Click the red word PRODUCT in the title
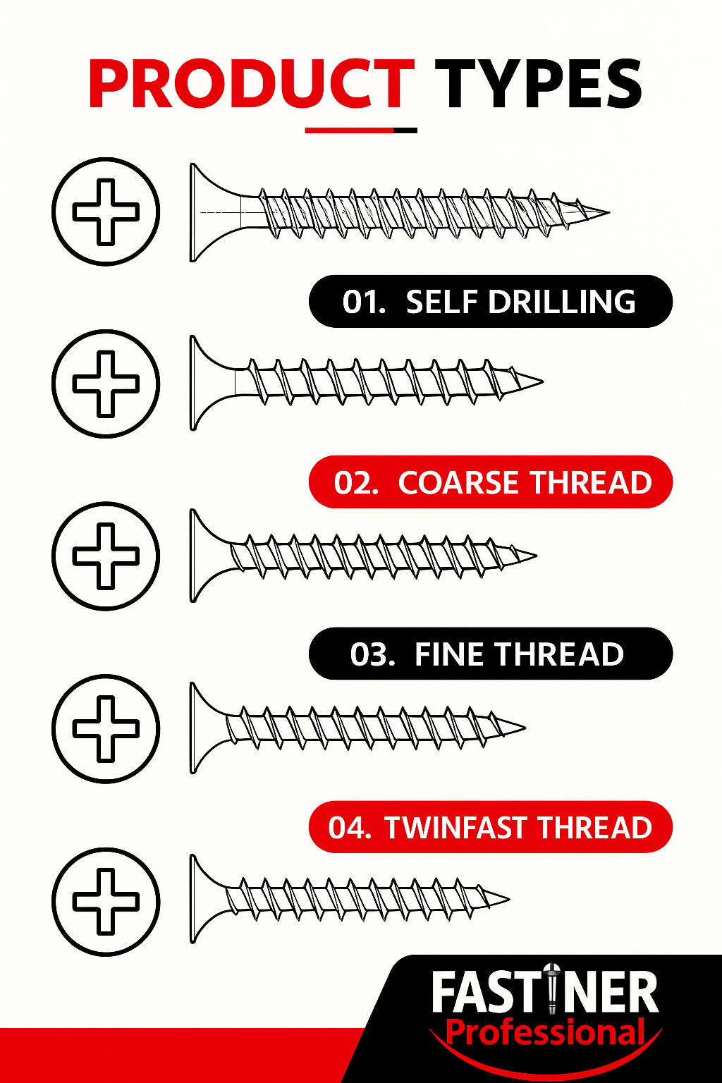252,84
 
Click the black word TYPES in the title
538,84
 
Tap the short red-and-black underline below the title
361,130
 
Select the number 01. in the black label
364,302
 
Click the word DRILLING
562,302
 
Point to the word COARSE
458,482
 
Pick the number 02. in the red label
356,482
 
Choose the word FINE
448,654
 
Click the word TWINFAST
455,827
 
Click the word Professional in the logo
545,1032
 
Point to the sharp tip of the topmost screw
609,212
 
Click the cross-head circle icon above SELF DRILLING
106,212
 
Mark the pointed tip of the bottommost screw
509,899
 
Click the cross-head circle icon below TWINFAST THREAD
106,902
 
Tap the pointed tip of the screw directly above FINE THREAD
537,556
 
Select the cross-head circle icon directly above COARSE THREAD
106,384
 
